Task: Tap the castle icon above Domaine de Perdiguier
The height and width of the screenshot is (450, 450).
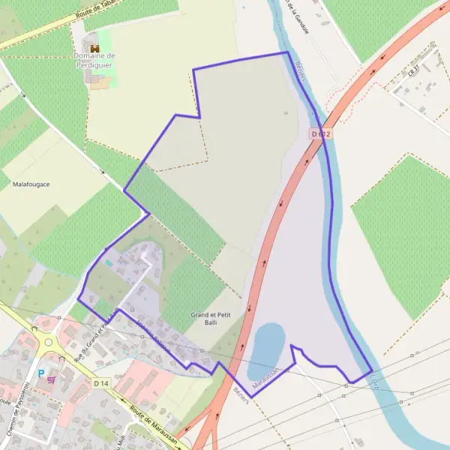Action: click(94, 48)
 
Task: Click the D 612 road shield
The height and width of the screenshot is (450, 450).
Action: click(320, 133)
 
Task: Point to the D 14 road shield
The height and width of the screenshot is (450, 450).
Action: click(101, 383)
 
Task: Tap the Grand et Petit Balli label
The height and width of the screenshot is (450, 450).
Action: click(210, 318)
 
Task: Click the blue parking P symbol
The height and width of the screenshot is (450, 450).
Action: click(41, 373)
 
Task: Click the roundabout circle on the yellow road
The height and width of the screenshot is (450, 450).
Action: click(49, 342)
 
